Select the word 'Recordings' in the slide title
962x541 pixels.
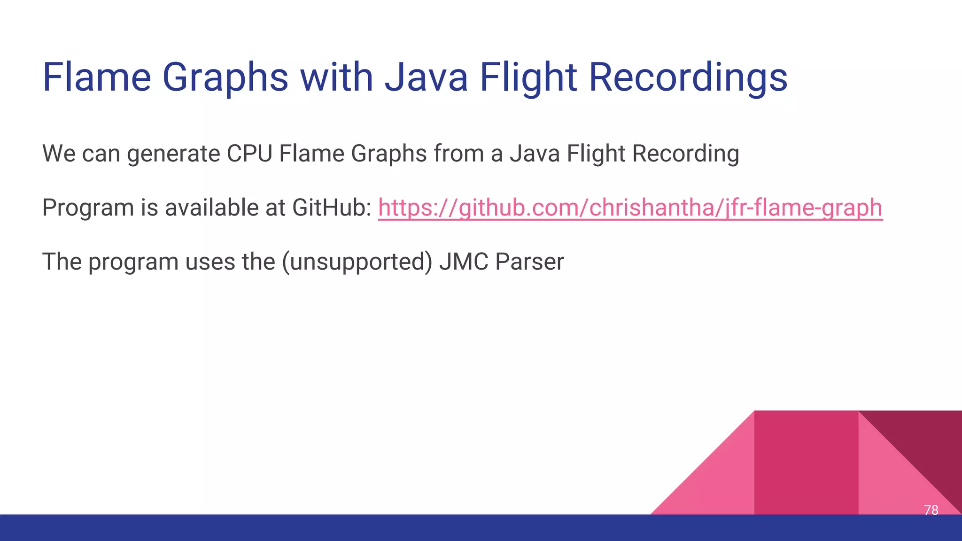tap(688, 77)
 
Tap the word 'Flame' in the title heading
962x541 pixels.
tap(96, 77)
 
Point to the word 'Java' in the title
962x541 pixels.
tap(426, 77)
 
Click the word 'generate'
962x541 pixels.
tap(173, 154)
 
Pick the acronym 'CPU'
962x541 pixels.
tap(249, 154)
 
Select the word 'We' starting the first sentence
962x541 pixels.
tap(59, 154)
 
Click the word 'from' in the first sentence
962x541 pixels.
tap(458, 154)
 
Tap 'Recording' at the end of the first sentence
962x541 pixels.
tap(685, 154)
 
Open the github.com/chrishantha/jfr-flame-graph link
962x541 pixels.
tap(630, 208)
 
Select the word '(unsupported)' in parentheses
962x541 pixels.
tap(357, 262)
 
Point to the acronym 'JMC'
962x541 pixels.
tap(464, 262)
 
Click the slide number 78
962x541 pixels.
tap(931, 510)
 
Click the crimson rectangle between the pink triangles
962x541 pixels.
tap(806, 463)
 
